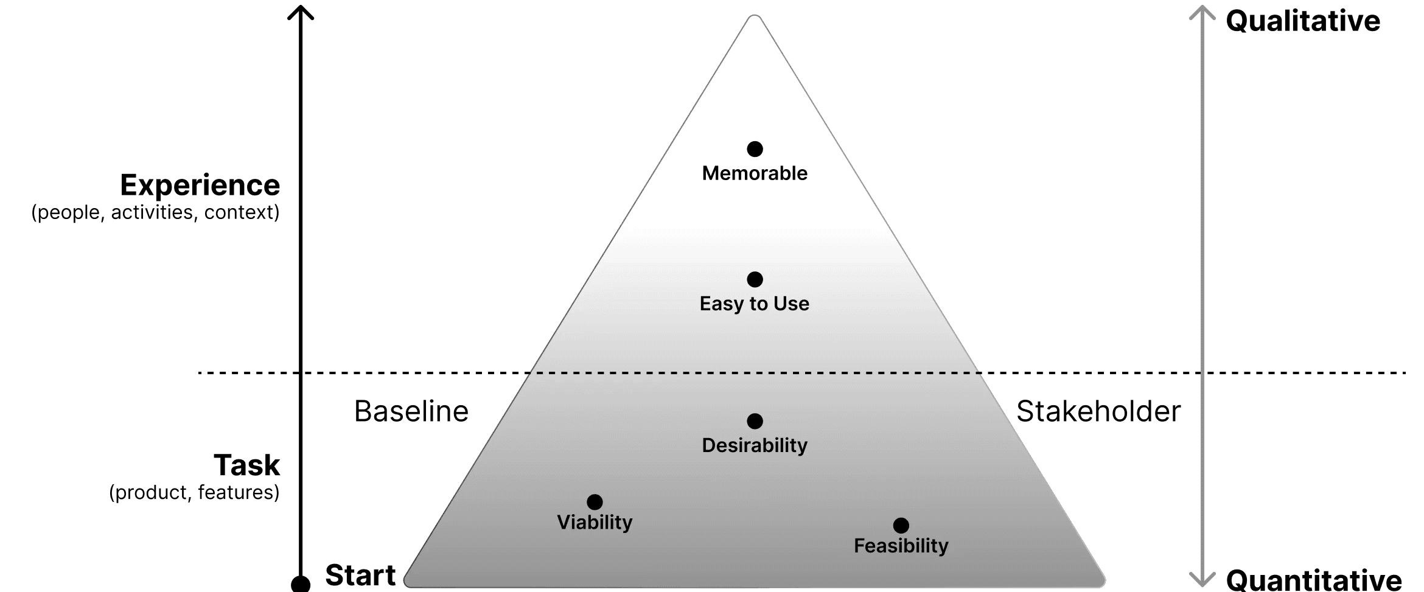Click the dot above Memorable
[755, 149]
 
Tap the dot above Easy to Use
[755, 279]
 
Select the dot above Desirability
[755, 421]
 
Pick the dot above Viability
[595, 502]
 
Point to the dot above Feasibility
[901, 525]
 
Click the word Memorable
[755, 173]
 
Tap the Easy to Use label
[755, 304]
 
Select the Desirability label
[755, 445]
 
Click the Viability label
[595, 522]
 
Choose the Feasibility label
[901, 546]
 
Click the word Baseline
[411, 411]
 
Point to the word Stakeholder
[1098, 411]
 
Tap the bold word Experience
[200, 185]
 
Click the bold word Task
[246, 465]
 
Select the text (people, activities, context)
[155, 212]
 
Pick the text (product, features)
[194, 492]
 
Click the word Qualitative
[1303, 21]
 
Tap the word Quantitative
[1314, 579]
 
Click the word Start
[360, 575]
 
